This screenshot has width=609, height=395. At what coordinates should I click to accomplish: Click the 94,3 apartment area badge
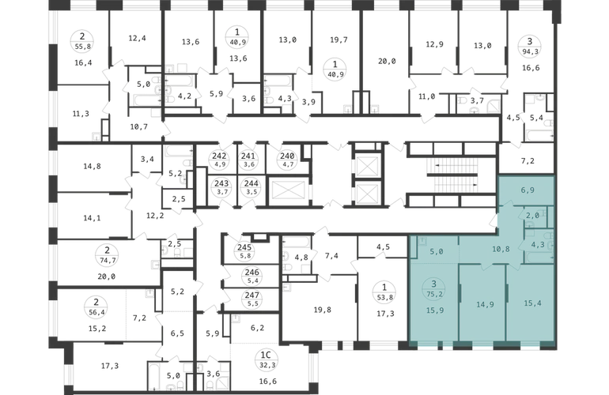tap(529, 45)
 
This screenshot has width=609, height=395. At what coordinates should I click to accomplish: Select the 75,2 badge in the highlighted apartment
tap(435, 289)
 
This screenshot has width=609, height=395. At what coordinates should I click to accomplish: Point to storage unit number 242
tap(219, 160)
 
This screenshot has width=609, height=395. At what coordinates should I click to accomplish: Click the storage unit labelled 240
tap(287, 160)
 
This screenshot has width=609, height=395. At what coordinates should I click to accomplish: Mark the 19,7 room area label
tap(339, 39)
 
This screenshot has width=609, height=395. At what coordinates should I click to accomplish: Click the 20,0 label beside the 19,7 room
tap(387, 61)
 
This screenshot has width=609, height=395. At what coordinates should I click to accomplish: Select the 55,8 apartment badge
tap(82, 41)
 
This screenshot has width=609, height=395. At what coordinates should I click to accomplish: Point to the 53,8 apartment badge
tap(384, 292)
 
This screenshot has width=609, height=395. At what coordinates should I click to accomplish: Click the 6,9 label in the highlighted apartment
tap(528, 190)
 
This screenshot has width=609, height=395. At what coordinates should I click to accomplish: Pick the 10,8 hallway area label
tap(501, 249)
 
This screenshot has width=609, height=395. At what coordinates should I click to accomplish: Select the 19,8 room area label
tap(323, 310)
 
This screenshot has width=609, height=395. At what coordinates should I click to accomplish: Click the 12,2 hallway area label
tap(155, 216)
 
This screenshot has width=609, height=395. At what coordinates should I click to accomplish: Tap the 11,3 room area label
tap(81, 113)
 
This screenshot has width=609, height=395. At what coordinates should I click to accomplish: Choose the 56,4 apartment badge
tap(96, 307)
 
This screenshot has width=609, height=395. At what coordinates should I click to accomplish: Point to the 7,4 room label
tap(331, 255)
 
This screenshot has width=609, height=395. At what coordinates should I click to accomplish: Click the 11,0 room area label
tap(426, 96)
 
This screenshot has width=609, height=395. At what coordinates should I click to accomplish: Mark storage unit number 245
tap(244, 251)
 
